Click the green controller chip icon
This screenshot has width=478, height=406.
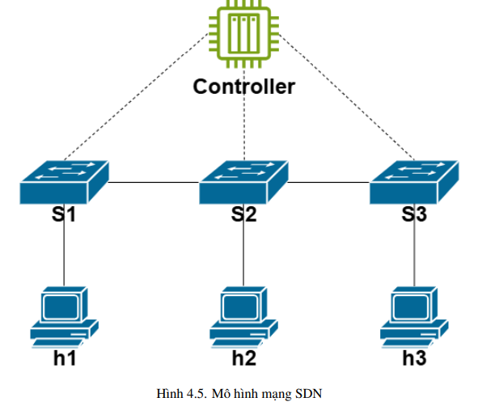coord(243,33)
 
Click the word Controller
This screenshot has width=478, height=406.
coord(244,87)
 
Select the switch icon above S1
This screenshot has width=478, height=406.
coord(65,182)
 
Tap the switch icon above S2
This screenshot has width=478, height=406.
coord(243,182)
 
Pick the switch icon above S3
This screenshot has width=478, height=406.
coord(414,182)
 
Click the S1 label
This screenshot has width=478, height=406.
coord(64,214)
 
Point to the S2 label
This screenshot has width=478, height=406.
coord(243,214)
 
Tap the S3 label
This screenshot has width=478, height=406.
coord(414,214)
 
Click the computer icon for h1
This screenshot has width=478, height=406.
coord(65,317)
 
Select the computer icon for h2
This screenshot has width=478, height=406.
coord(243,317)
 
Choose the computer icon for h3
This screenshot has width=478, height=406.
coord(414,317)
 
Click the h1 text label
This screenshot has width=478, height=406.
coord(65,357)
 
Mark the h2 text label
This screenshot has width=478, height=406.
coord(244,357)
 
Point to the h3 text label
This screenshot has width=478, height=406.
coord(414,357)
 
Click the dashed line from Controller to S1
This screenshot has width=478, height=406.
coord(137,96)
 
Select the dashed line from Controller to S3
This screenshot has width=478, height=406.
coord(347,97)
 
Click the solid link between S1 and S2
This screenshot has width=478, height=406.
coord(154,182)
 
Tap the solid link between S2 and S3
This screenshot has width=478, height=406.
coord(329,182)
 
